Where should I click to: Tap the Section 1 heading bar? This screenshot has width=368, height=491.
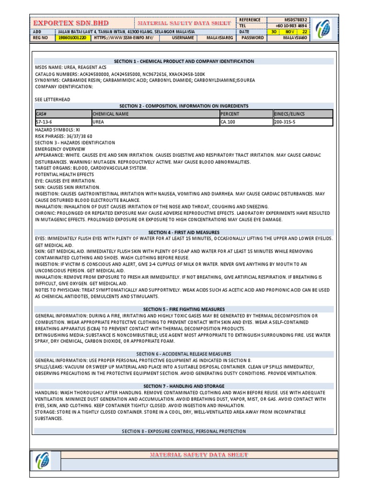pyautogui.click(x=184, y=61)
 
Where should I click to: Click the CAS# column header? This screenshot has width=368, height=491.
pyautogui.click(x=62, y=114)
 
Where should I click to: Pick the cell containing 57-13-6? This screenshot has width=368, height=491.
pyautogui.click(x=62, y=122)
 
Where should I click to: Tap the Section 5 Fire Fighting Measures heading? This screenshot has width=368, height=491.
pyautogui.click(x=184, y=309)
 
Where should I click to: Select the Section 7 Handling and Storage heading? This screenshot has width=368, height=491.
pyautogui.click(x=184, y=386)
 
